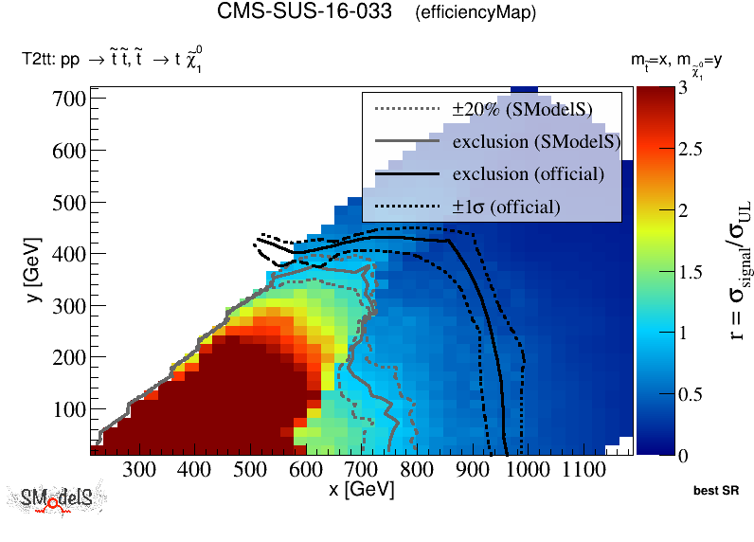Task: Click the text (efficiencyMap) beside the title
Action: tap(476, 13)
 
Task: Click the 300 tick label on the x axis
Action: tap(139, 470)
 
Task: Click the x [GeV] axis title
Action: tap(361, 490)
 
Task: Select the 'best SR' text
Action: tap(715, 492)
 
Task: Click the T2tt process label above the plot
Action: tap(112, 60)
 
